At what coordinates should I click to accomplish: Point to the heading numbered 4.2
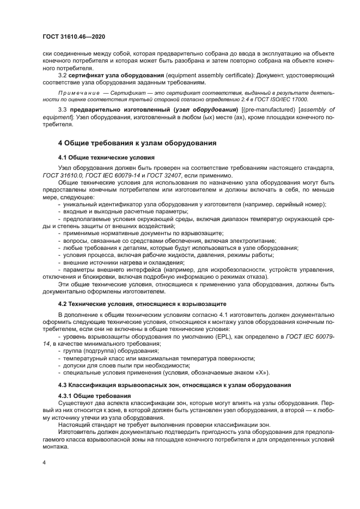(x=141, y=303)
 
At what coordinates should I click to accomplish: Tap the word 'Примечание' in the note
(x=76, y=94)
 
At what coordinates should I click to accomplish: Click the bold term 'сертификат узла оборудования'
(x=107, y=75)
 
